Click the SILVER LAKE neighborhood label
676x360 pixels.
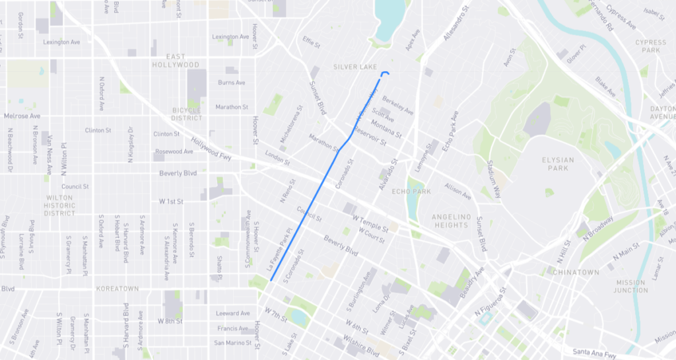tap(355, 67)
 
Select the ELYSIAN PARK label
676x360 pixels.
tap(558, 164)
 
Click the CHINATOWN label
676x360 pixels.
tap(576, 272)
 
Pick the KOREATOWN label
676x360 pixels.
tap(117, 289)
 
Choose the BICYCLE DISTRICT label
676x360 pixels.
tap(187, 114)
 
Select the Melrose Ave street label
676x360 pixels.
tap(22, 116)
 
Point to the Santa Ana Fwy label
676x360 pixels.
tap(594, 354)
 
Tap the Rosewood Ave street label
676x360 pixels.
tap(174, 151)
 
